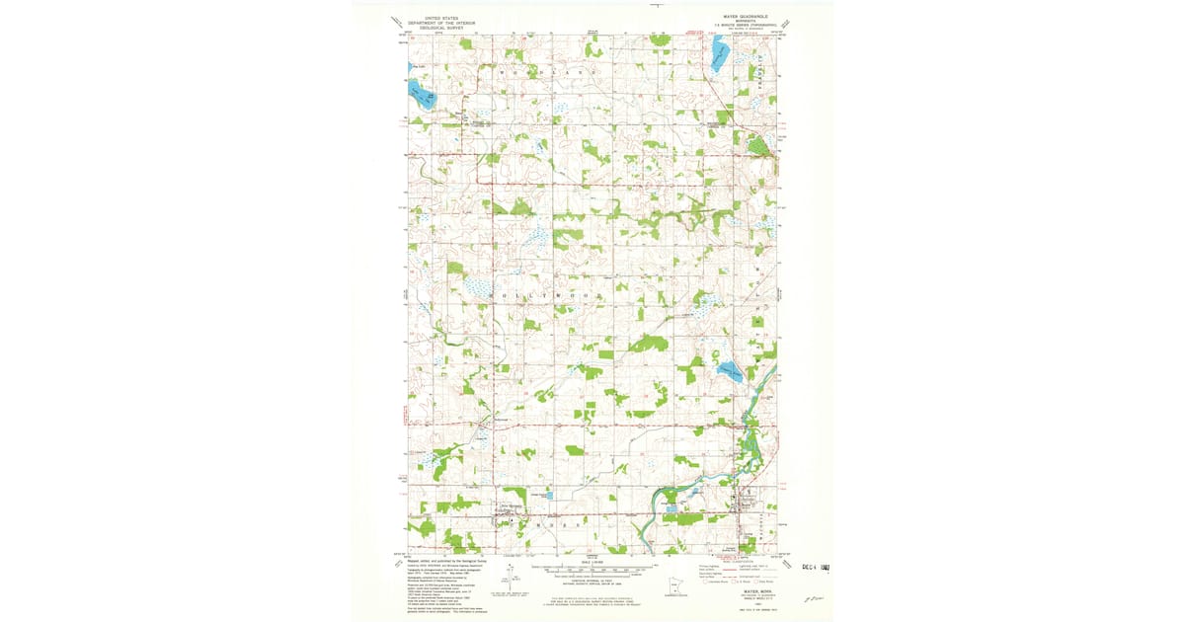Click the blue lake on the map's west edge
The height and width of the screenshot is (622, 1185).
422,96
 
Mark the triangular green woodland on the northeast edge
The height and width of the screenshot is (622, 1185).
759,146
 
